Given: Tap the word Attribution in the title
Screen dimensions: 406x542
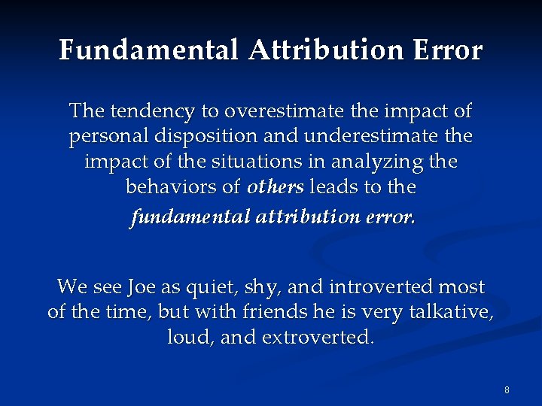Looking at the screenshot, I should point(326,50).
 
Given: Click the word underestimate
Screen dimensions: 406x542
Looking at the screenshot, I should point(365,137).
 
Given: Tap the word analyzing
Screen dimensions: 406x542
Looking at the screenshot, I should point(387,162).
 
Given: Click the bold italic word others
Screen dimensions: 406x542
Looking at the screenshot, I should point(276,187).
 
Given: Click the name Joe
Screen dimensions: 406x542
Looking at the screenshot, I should point(142,286).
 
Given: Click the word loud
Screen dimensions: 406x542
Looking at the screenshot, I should point(189,337).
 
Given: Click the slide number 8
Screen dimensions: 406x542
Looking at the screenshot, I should point(507,389).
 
